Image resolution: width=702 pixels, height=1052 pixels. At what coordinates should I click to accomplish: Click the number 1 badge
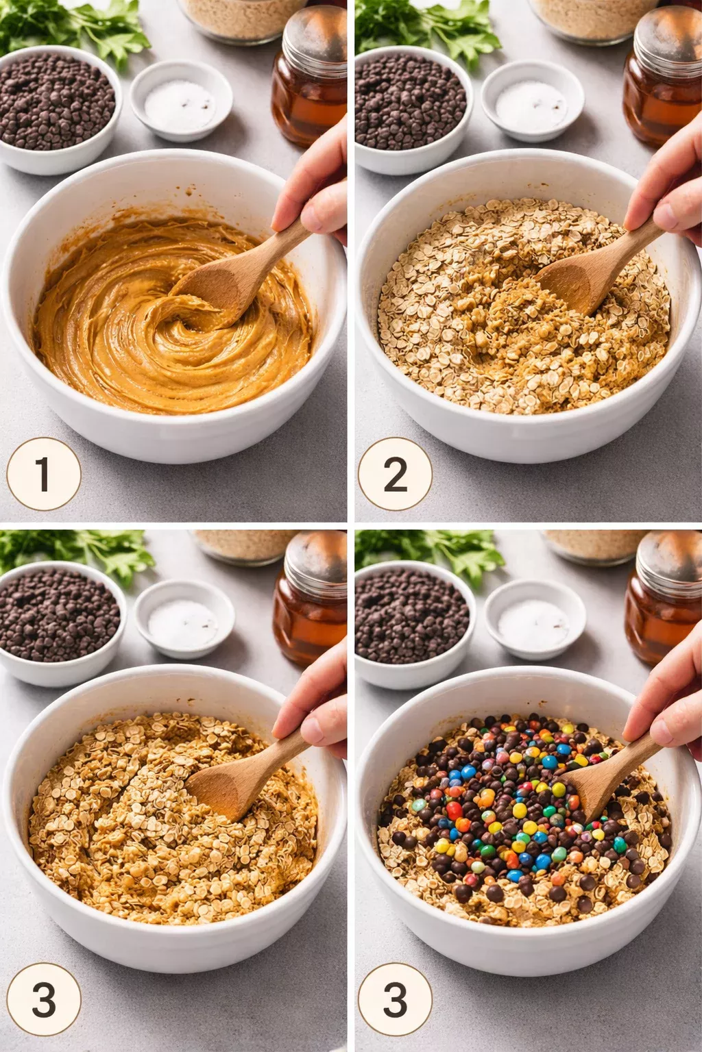coord(43,474)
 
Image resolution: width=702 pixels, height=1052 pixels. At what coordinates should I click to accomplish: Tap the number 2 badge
coord(395,474)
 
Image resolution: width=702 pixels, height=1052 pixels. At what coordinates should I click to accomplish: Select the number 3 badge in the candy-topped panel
coord(395,999)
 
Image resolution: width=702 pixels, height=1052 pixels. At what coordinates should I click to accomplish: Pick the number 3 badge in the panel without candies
coord(43,999)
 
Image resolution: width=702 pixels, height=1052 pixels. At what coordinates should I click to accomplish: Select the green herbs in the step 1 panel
coord(75,27)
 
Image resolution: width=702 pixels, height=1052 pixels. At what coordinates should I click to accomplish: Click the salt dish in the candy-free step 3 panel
coord(184,620)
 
